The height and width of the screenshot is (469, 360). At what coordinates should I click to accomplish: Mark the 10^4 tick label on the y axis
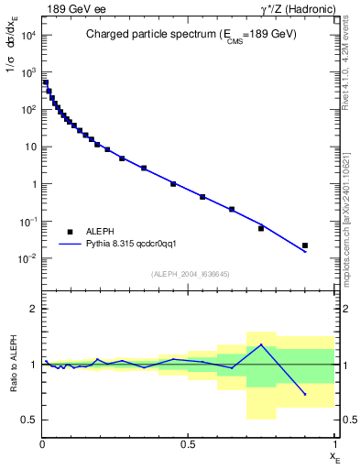click(27, 35)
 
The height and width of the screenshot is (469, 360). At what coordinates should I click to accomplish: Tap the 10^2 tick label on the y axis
click(27, 110)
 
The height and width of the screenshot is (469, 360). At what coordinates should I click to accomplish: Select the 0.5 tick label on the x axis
click(189, 444)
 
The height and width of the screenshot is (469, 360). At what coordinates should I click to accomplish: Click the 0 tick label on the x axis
click(42, 444)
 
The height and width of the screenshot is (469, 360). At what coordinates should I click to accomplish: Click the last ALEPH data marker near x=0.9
click(305, 245)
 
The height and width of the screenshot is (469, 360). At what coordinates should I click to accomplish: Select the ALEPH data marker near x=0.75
click(261, 228)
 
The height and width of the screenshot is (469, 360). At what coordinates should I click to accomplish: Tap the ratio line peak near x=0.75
click(261, 344)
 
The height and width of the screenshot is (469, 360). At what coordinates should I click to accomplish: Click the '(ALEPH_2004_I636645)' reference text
click(189, 274)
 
